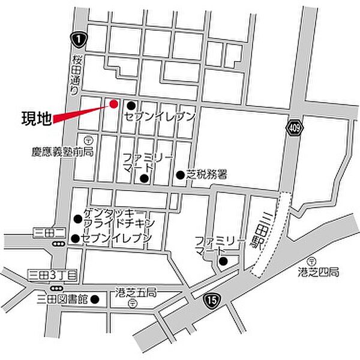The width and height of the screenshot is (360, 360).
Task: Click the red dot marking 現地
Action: point(113,103)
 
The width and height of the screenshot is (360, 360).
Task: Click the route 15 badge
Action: point(209,299)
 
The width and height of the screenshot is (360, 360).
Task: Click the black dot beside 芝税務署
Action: point(180,175)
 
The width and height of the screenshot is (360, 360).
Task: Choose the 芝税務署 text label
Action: point(206,175)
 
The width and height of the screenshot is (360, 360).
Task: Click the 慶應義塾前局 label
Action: point(63,152)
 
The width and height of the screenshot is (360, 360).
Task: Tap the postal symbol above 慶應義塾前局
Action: point(88,140)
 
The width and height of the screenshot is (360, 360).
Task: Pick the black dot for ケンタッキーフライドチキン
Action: point(77,218)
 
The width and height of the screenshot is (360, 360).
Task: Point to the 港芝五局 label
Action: point(135,293)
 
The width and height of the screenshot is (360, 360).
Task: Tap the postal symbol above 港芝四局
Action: point(312,261)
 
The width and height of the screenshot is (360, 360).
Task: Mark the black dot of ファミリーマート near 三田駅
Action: point(223,261)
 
